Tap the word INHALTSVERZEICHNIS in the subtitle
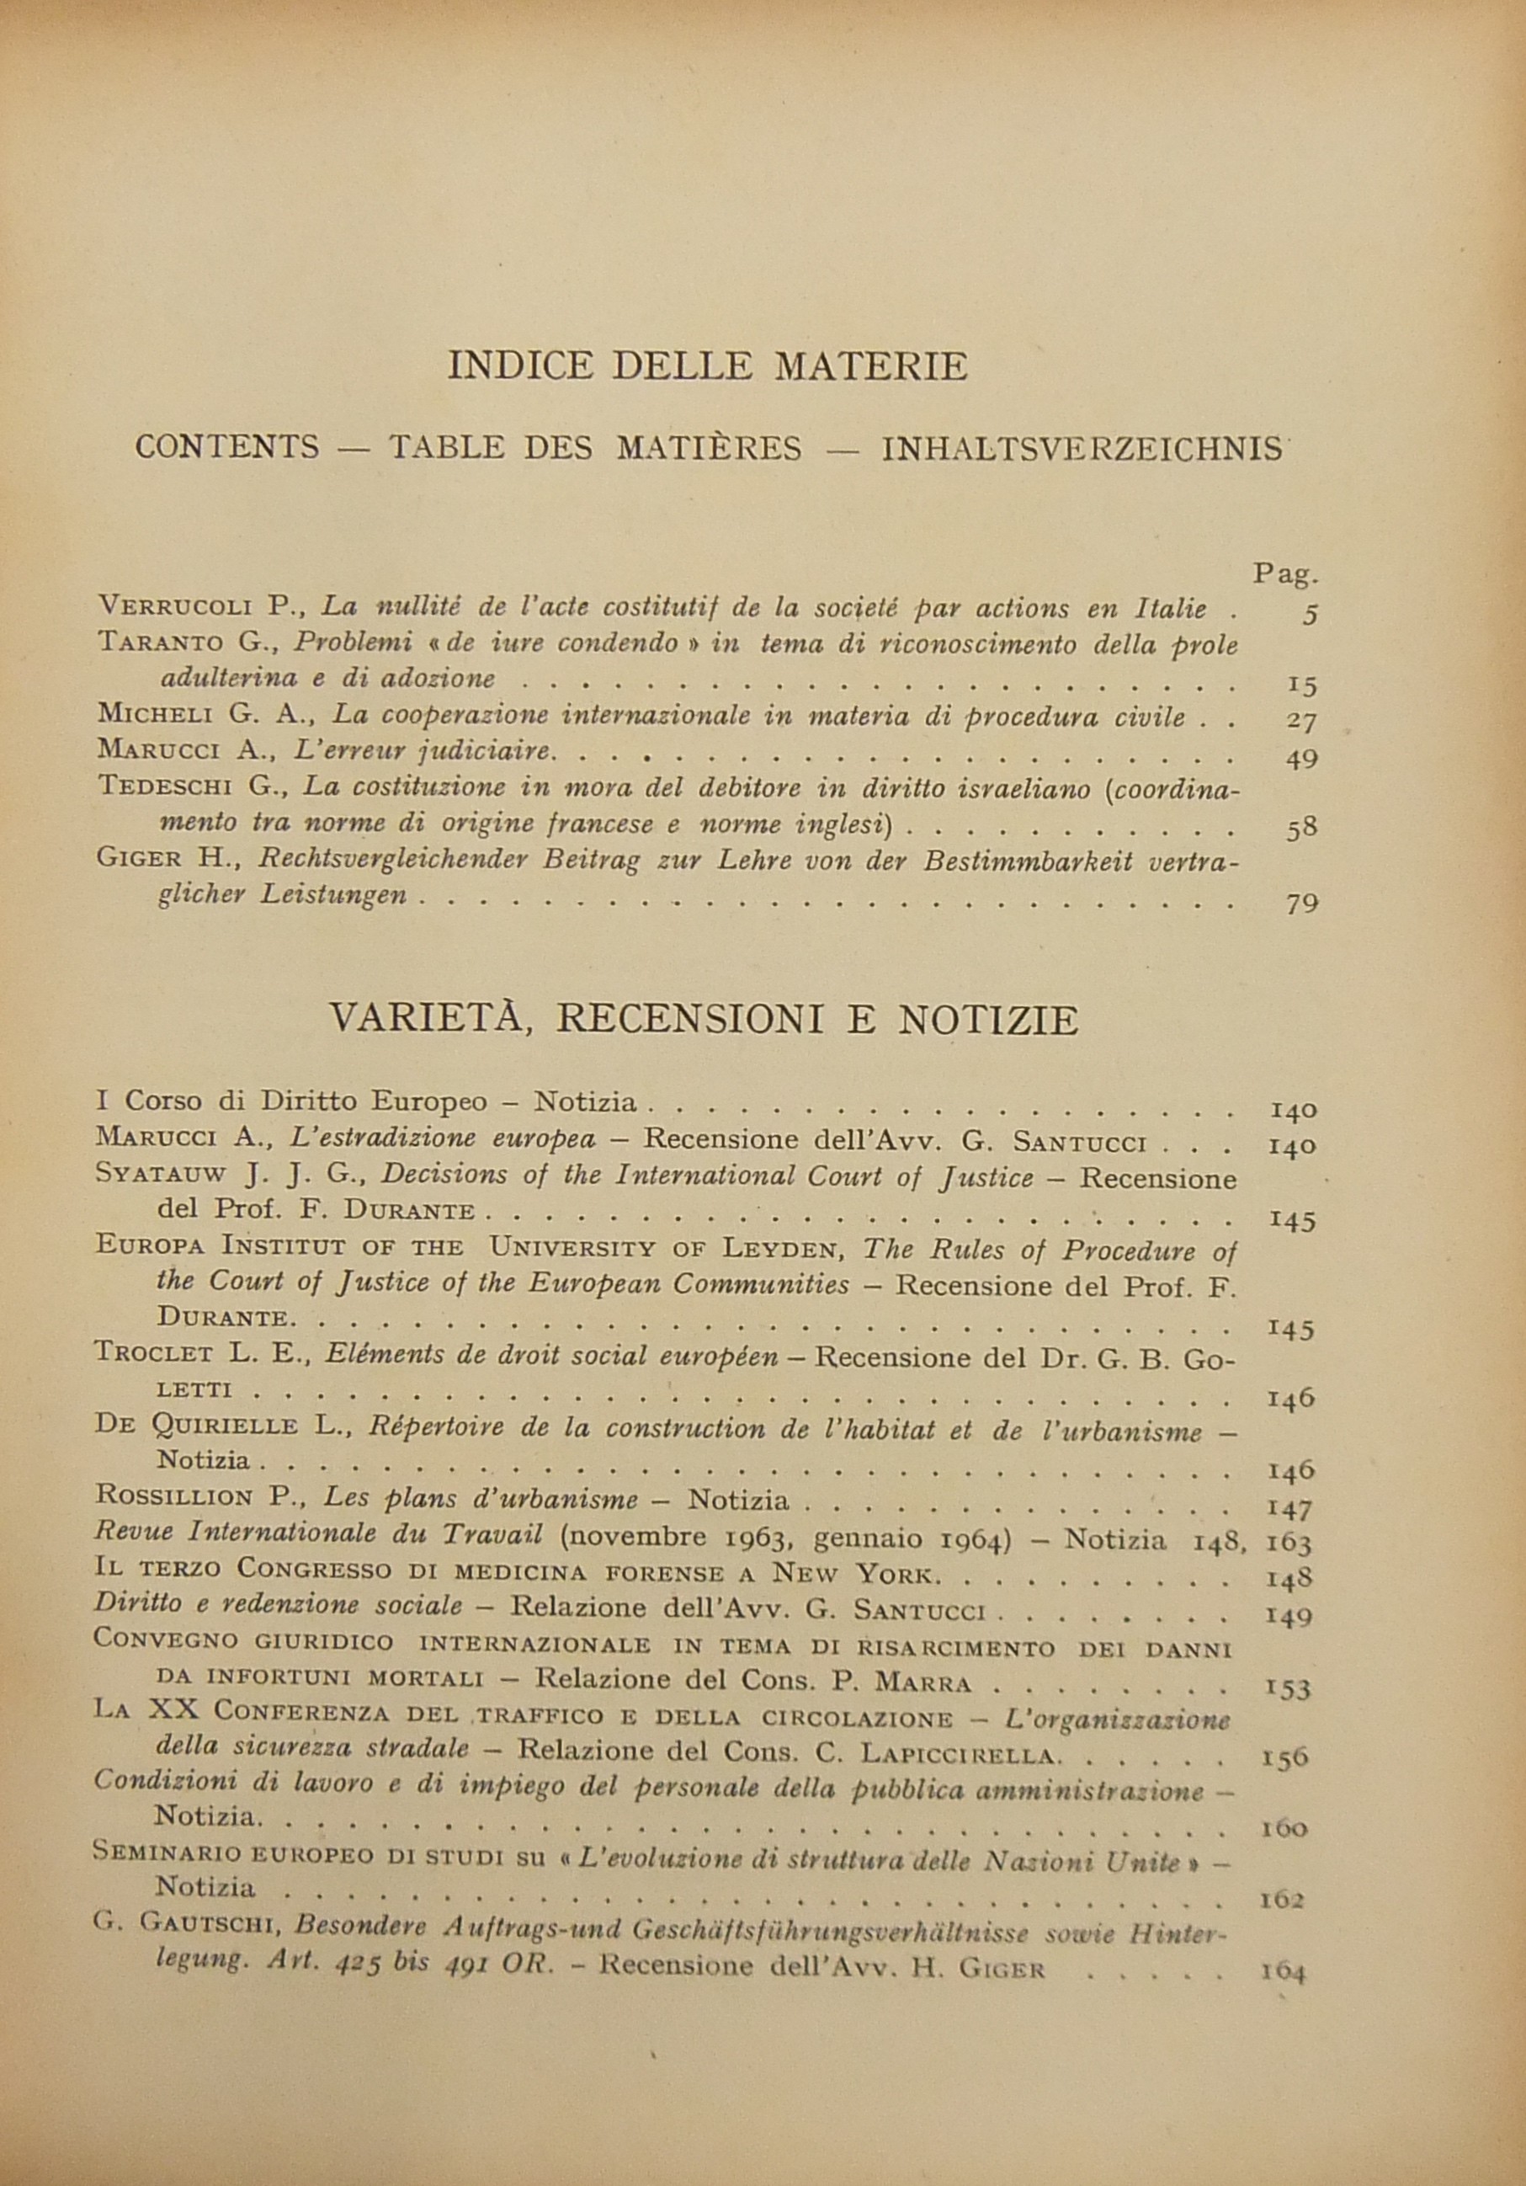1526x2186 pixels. pyautogui.click(x=1082, y=449)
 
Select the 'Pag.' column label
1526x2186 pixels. pyautogui.click(x=1285, y=574)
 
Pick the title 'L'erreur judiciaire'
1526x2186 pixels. pyautogui.click(x=423, y=751)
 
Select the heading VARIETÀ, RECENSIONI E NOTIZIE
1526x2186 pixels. pyautogui.click(x=704, y=1021)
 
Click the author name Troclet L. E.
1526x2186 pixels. pyautogui.click(x=198, y=1356)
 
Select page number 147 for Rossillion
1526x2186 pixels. pyautogui.click(x=1291, y=1510)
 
